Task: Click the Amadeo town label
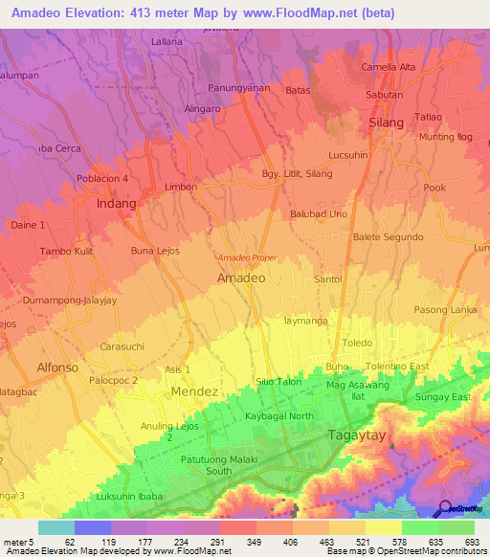(x=241, y=278)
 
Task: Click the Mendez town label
(x=195, y=391)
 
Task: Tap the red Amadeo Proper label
(x=247, y=258)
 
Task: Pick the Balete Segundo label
(x=388, y=236)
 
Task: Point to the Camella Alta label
(x=388, y=67)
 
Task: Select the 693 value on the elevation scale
(x=470, y=542)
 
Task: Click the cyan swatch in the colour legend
(x=56, y=527)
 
